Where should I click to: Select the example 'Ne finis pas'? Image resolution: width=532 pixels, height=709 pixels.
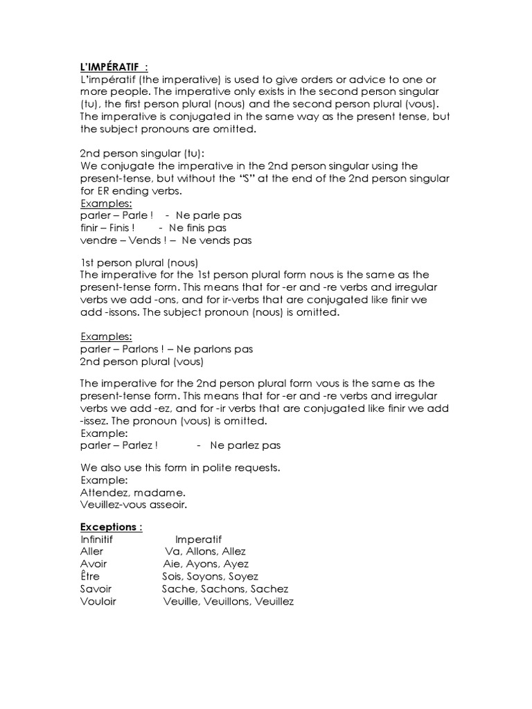[x=197, y=228]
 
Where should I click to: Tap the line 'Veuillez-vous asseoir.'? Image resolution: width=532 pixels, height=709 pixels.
[x=134, y=505]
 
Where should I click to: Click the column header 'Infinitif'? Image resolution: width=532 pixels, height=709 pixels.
[x=96, y=539]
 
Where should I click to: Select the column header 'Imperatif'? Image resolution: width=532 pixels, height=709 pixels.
[x=199, y=539]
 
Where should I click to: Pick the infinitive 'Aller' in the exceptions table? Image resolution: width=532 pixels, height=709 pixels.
[x=92, y=552]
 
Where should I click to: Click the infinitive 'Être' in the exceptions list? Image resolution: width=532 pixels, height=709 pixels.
[x=90, y=576]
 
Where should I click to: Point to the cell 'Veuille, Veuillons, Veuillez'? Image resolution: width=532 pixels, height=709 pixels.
[x=229, y=602]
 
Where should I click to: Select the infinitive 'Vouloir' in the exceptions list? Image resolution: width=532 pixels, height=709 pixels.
[x=98, y=602]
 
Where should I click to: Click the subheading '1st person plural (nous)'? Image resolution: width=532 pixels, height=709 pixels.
[x=139, y=262]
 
